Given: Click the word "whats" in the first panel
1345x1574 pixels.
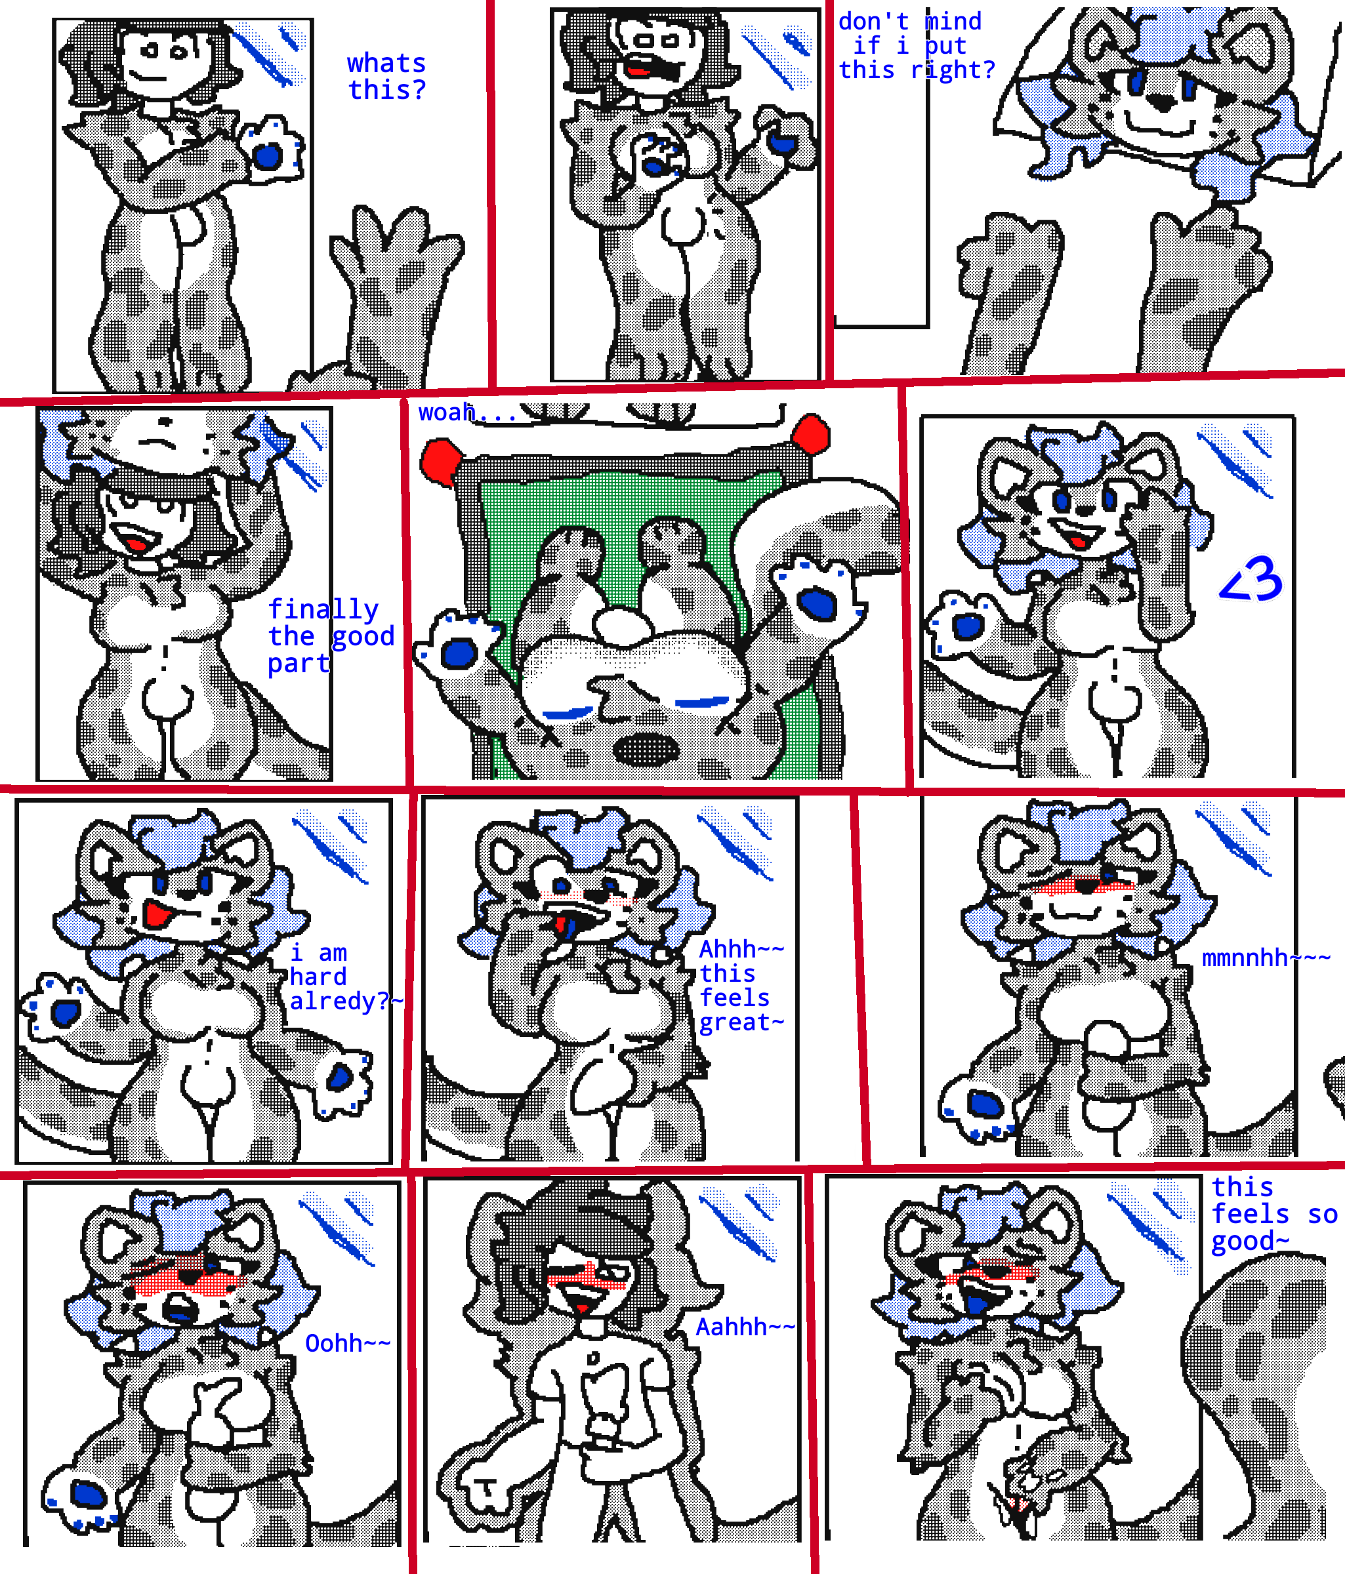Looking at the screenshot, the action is tap(386, 63).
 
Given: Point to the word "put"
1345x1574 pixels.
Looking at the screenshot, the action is tap(945, 47).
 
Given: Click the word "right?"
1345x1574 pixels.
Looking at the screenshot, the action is tap(953, 70).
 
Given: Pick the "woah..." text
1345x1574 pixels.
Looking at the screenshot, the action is tap(466, 413).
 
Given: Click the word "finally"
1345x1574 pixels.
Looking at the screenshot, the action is tap(323, 609).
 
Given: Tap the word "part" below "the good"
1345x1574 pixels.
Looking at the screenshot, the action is tap(298, 664).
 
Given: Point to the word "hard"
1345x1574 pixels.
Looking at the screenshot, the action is tap(318, 976).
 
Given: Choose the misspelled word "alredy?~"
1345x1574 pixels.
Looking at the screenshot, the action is tap(346, 1001).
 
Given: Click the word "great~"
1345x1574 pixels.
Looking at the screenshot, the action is tap(741, 1022).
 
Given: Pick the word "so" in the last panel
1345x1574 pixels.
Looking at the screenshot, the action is tap(1322, 1215).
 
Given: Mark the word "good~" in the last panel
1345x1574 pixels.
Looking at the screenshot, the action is tap(1250, 1241).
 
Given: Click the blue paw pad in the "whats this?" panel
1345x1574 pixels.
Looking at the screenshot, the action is tap(267, 157).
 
